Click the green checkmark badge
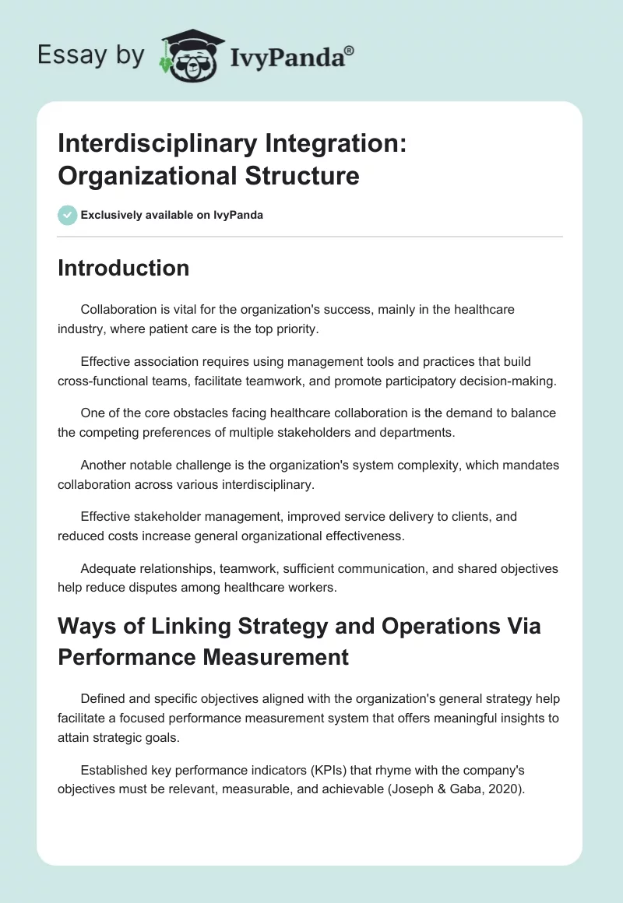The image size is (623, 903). (68, 215)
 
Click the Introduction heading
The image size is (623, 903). (123, 268)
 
